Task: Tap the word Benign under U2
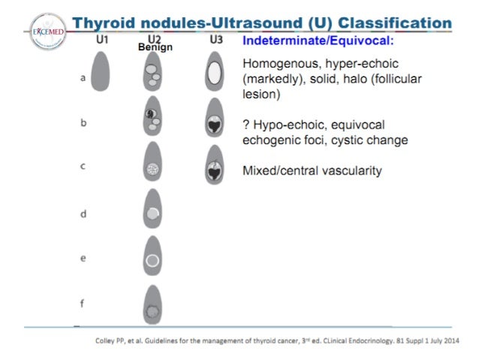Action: (155, 47)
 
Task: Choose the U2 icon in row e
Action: (152, 259)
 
